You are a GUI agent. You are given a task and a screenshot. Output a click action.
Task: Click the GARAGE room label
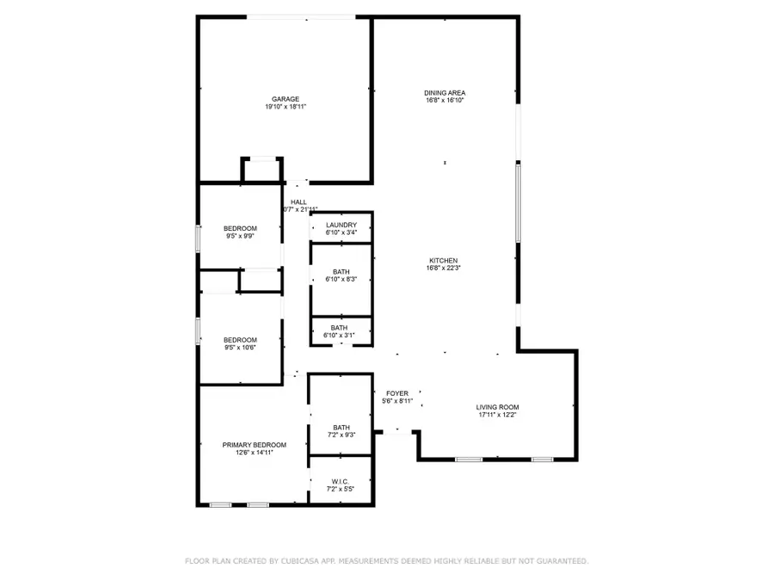click(x=286, y=99)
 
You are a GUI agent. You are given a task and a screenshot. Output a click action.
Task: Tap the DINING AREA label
click(x=445, y=92)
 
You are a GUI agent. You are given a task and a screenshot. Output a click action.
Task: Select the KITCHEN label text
click(x=445, y=261)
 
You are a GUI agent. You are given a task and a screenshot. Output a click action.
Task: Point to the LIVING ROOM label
click(x=498, y=407)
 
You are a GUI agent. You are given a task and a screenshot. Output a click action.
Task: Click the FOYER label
click(x=397, y=393)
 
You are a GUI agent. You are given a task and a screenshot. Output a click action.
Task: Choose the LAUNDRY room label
click(x=341, y=225)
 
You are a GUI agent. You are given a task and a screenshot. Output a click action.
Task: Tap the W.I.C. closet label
click(x=341, y=481)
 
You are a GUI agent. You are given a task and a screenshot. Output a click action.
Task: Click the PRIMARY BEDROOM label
click(x=254, y=445)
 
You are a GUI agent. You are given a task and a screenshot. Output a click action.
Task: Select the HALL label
click(x=298, y=202)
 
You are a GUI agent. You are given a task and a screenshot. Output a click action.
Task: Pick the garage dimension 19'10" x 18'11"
click(x=286, y=107)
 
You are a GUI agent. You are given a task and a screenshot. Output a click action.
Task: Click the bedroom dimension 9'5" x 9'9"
click(x=241, y=236)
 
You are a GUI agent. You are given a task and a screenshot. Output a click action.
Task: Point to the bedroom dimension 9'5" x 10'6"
click(x=241, y=348)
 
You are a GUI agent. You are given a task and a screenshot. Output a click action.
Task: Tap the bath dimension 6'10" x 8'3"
click(x=341, y=280)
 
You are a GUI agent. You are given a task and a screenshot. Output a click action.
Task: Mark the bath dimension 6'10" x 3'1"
click(x=341, y=335)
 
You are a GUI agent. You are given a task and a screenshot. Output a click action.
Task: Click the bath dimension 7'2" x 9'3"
click(x=341, y=435)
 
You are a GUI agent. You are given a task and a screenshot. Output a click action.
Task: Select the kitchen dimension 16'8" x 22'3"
click(x=445, y=269)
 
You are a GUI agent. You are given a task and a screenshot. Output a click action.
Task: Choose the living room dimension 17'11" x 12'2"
click(x=498, y=415)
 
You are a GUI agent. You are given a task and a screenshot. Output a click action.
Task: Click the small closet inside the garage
click(x=261, y=170)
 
